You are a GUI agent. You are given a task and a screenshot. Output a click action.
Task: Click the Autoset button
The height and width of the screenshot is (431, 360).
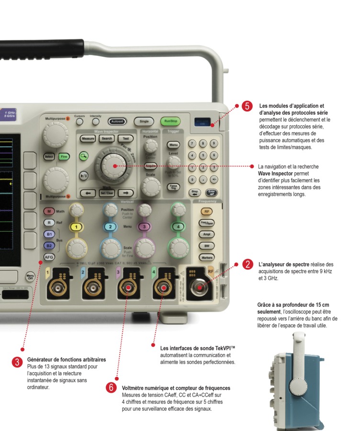pos(116,122)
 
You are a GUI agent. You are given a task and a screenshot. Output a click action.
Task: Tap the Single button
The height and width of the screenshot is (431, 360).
pos(143,122)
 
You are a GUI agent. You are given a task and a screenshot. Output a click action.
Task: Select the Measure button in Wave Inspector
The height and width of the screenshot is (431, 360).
pos(88,139)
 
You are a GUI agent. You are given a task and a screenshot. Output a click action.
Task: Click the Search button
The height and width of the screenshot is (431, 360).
pos(107,139)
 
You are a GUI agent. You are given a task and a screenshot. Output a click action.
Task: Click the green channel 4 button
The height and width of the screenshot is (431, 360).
pos(178,226)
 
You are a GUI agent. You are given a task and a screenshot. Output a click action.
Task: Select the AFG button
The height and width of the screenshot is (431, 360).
pos(49,257)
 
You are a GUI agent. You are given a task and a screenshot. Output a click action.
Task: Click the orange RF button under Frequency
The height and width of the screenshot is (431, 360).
pos(206,211)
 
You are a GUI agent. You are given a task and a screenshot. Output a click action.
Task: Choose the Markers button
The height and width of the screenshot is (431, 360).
pos(206,257)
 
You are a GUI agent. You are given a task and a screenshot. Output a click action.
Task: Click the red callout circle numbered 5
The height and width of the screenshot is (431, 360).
pos(247,106)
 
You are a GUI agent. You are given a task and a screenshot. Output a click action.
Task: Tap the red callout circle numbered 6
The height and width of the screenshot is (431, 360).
pos(111,387)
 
